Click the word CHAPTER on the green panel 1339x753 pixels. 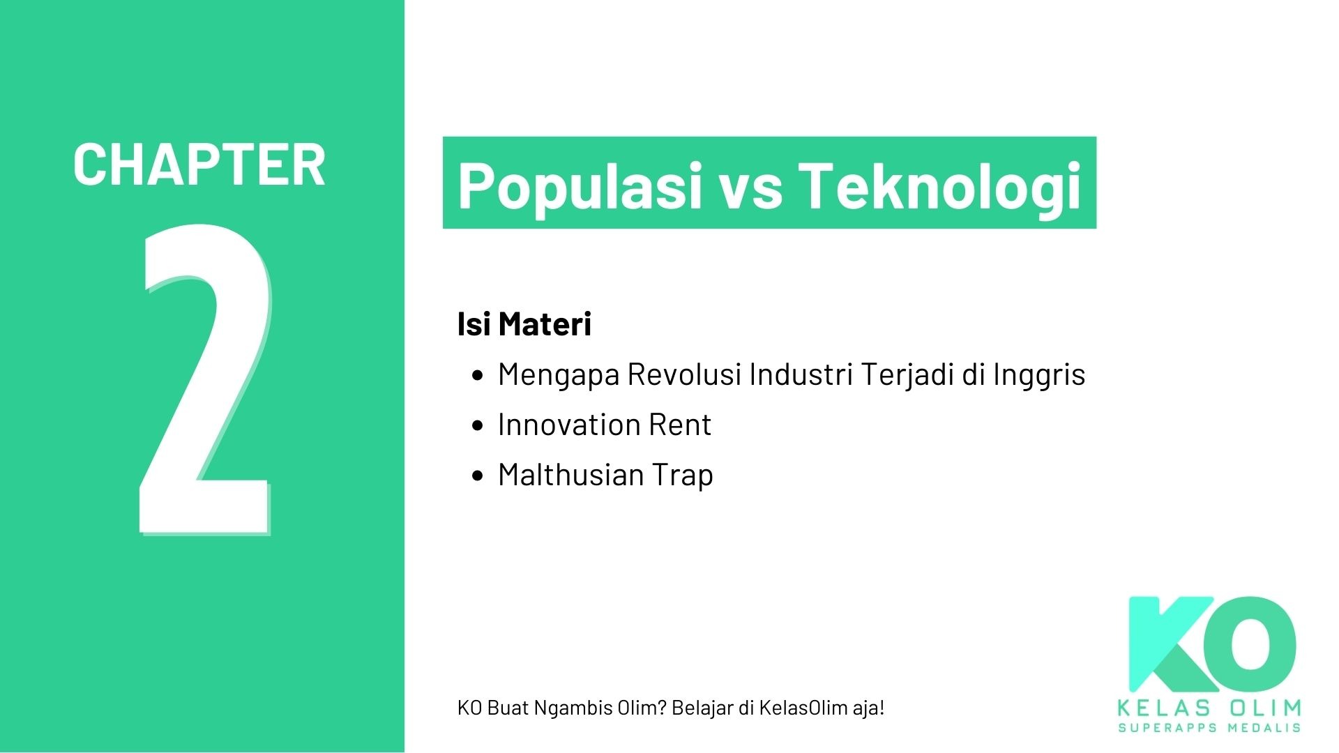coord(199,165)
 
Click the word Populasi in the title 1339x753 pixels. coord(580,185)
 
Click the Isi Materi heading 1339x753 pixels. coord(524,324)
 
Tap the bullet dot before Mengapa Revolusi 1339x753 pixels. coord(477,376)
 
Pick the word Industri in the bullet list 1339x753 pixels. coord(801,374)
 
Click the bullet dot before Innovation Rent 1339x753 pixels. coord(477,425)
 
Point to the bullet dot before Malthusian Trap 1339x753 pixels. coord(477,476)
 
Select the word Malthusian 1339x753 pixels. coord(570,475)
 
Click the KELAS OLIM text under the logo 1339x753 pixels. coord(1209,708)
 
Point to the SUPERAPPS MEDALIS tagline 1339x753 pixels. coord(1209,728)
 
